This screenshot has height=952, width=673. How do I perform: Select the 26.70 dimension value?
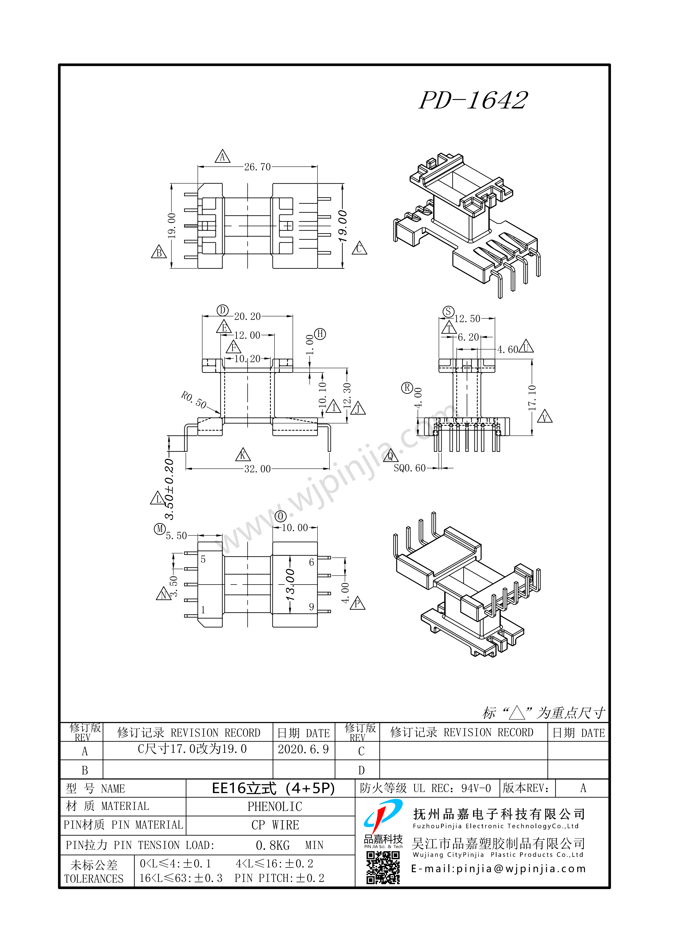257,167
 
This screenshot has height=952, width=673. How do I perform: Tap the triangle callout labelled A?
222,157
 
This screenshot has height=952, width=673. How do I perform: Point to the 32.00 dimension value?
257,469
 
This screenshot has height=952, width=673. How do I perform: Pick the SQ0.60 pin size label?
409,468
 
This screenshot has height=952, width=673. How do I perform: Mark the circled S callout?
448,311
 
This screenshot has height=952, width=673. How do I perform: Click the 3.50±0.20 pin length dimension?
169,489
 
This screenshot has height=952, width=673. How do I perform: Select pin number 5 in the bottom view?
203,559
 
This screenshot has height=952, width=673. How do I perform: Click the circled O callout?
281,516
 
